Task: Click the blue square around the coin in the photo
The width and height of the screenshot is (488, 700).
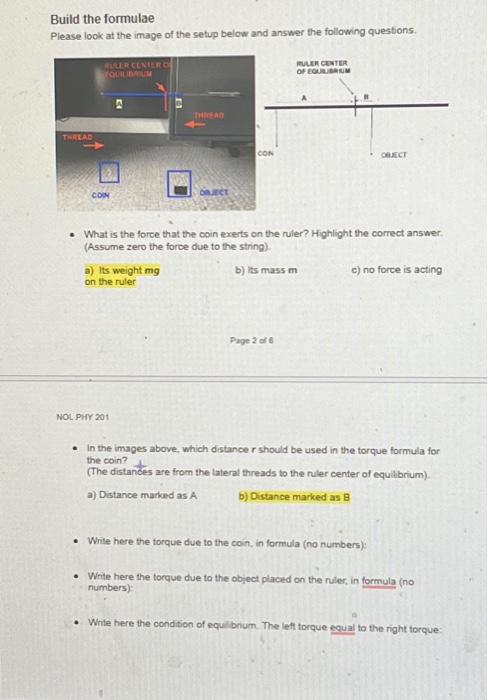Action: click(108, 174)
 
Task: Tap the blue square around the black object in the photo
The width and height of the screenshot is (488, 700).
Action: click(180, 184)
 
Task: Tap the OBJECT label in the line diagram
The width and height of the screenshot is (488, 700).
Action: click(394, 155)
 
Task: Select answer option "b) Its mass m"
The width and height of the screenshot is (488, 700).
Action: click(265, 270)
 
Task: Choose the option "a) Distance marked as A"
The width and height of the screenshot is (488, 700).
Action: click(142, 495)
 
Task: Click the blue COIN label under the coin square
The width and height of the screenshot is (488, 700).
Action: click(101, 196)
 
